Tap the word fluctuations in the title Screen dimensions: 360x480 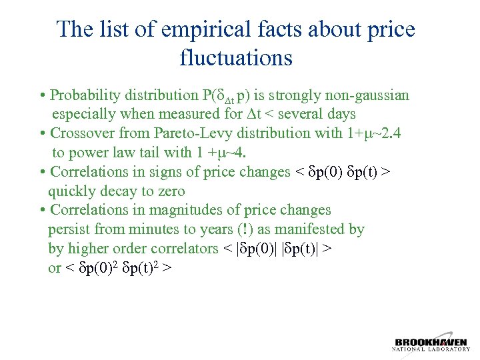[236, 58]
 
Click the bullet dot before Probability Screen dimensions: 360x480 [43, 96]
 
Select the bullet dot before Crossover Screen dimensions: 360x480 [43, 133]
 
